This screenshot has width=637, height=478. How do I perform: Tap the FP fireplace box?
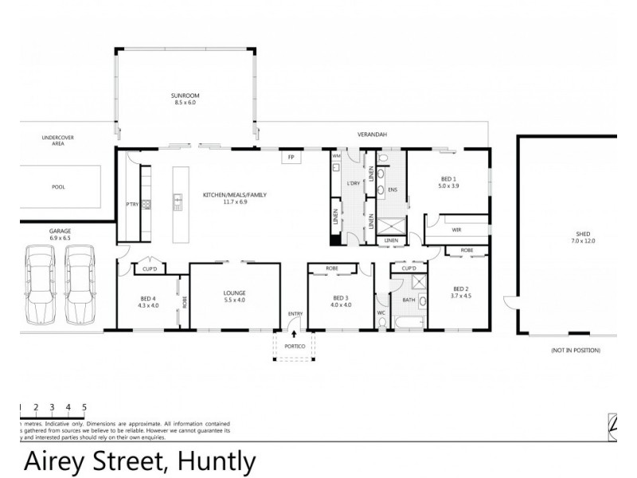coord(291,158)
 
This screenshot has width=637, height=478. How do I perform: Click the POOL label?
coord(58,186)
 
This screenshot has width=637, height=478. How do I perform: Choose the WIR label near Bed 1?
coord(456,229)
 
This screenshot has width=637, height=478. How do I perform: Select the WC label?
coord(381,313)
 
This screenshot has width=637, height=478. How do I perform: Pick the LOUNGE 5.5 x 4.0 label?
coord(234,296)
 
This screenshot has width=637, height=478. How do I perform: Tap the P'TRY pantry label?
coord(132,204)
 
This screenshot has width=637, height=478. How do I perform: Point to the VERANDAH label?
coord(371,135)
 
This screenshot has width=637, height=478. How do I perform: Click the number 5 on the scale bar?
coord(84,406)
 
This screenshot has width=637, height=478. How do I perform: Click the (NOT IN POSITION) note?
coord(575,351)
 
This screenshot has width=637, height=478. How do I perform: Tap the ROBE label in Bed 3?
coord(331,269)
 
